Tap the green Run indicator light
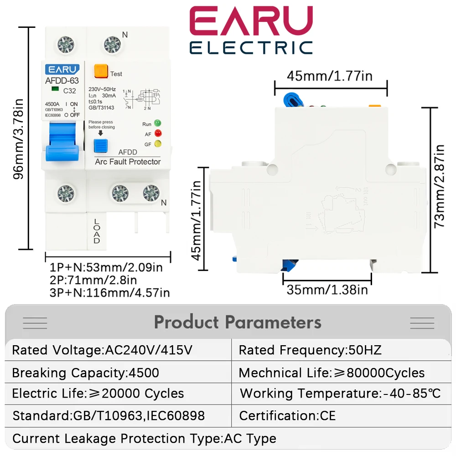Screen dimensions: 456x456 158,124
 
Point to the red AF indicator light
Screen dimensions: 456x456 158,134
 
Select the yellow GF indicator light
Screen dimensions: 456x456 158,144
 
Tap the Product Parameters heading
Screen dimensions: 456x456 238,322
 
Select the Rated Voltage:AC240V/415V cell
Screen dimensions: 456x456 102,350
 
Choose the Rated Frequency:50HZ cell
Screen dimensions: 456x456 310,350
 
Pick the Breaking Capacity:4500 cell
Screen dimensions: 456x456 86,373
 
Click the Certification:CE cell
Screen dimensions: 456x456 287,415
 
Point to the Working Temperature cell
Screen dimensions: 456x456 340,393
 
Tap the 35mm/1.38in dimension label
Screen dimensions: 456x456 327,289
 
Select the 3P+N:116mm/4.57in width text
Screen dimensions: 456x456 109,292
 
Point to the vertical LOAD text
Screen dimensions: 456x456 97,231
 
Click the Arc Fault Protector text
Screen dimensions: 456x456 128,161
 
